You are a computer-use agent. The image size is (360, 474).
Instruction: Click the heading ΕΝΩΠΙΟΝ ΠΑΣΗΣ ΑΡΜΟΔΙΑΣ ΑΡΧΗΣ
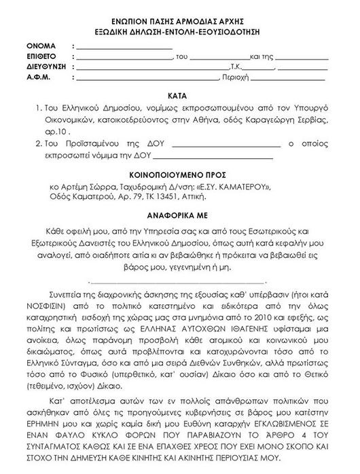click(x=180, y=20)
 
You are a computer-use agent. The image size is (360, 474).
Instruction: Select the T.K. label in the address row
click(x=239, y=68)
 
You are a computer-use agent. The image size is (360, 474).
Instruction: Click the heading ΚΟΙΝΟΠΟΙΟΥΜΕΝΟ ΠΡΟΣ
click(x=180, y=172)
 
